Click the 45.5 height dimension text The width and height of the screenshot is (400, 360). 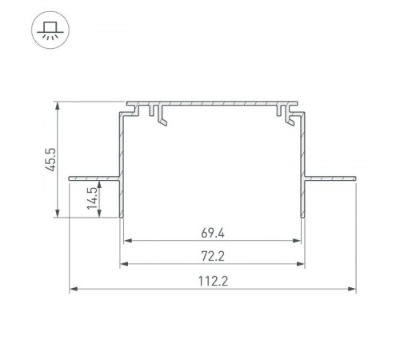point(50,158)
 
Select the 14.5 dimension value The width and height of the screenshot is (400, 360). point(93,198)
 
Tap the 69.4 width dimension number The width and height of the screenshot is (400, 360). point(213,234)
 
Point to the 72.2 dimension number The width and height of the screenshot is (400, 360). point(213,257)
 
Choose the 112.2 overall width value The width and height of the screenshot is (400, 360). point(213,282)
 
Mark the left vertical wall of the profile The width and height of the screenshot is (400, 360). point(120,168)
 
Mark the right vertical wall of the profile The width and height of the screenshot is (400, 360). point(305,168)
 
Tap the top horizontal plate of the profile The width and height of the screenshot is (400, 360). point(213,103)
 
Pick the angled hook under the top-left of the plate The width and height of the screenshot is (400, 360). point(163,118)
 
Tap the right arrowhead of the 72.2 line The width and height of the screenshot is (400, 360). point(302,264)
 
